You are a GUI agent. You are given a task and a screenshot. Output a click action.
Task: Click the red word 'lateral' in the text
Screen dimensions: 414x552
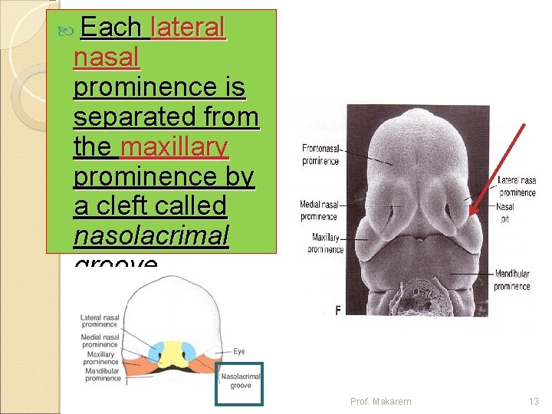(x=189, y=28)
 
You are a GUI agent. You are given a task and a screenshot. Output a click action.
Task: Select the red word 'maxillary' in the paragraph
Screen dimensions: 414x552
(x=174, y=146)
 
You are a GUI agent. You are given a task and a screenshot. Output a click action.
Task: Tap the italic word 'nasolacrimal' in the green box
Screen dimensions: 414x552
(x=151, y=236)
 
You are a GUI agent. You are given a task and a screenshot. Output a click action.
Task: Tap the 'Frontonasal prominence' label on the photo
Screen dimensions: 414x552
(x=321, y=154)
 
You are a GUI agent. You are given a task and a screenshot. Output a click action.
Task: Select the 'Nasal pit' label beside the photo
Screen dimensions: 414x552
(x=505, y=212)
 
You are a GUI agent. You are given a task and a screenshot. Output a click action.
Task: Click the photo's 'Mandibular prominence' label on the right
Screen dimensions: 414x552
(x=512, y=280)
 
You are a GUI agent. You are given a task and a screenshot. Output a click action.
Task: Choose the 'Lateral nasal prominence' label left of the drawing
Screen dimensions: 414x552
(x=99, y=321)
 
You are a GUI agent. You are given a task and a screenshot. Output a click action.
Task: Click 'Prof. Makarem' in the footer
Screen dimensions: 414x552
(x=380, y=401)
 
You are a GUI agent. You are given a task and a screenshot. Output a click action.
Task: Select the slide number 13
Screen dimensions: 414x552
(x=534, y=401)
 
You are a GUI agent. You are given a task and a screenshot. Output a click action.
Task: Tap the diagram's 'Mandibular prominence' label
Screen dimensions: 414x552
(x=103, y=373)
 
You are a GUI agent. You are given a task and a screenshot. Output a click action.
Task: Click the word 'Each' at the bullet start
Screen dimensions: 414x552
(x=110, y=28)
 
